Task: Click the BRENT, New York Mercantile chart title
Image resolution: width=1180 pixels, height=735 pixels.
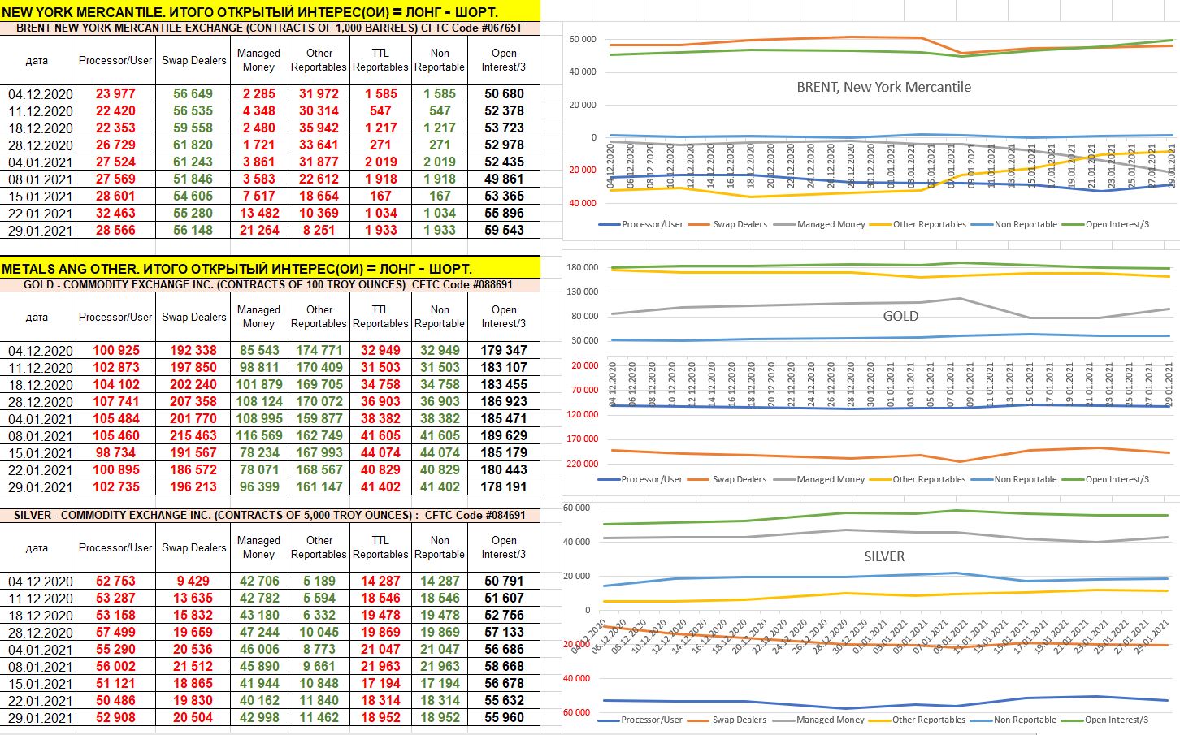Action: pos(883,87)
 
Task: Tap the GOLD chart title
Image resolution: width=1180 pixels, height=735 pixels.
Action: pos(900,316)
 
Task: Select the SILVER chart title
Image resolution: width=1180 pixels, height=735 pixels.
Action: pos(884,556)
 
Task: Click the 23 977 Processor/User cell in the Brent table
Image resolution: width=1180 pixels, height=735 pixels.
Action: pos(115,94)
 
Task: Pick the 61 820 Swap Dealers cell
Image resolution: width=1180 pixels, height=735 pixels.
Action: pos(193,145)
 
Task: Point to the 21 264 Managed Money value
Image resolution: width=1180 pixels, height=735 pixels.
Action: pos(258,231)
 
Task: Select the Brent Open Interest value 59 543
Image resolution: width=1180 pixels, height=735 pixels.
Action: pos(504,231)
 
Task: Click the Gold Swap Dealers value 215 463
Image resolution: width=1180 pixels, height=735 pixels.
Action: pos(193,436)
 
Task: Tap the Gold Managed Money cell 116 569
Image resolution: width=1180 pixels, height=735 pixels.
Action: pos(258,436)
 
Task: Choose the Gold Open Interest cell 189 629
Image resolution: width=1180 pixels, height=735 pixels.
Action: pos(504,436)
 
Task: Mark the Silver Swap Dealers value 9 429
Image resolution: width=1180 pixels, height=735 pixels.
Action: pos(193,582)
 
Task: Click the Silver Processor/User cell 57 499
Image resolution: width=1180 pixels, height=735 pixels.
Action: pos(115,633)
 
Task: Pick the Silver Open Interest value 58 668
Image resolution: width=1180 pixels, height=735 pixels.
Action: pos(504,667)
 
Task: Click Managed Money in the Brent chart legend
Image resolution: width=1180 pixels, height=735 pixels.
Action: pos(831,224)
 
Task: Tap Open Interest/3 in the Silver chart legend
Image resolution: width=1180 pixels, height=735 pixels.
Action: pos(1116,720)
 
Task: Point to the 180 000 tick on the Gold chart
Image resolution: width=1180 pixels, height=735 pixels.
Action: pos(582,268)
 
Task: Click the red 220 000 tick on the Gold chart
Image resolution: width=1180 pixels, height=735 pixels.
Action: pos(582,464)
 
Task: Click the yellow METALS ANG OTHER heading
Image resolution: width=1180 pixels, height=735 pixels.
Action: pos(236,269)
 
